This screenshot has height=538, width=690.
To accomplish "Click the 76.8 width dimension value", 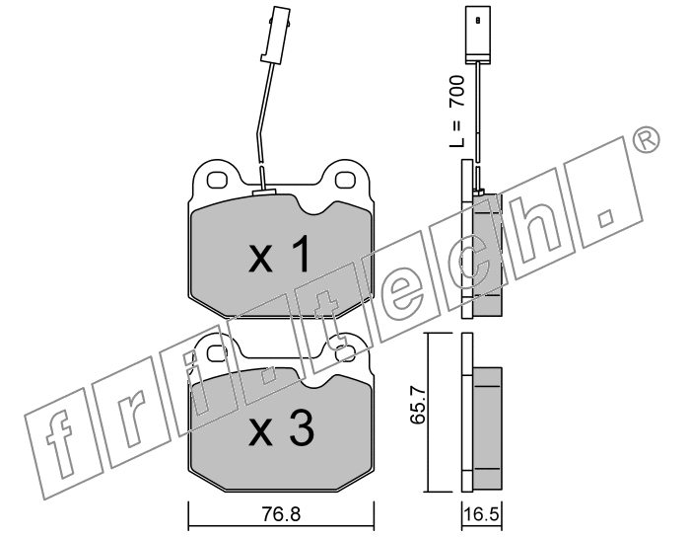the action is [281, 513].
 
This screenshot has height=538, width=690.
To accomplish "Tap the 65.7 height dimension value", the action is [417, 405].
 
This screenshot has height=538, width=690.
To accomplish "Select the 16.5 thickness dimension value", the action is [482, 513].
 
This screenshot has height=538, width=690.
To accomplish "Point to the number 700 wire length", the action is [456, 92].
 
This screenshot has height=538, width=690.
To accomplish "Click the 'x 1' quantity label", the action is [280, 254].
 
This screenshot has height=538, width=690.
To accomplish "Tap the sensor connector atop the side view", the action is [478, 34].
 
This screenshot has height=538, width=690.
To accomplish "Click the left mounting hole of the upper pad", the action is [217, 180].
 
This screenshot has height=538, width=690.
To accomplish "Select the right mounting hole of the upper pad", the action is [345, 180].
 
